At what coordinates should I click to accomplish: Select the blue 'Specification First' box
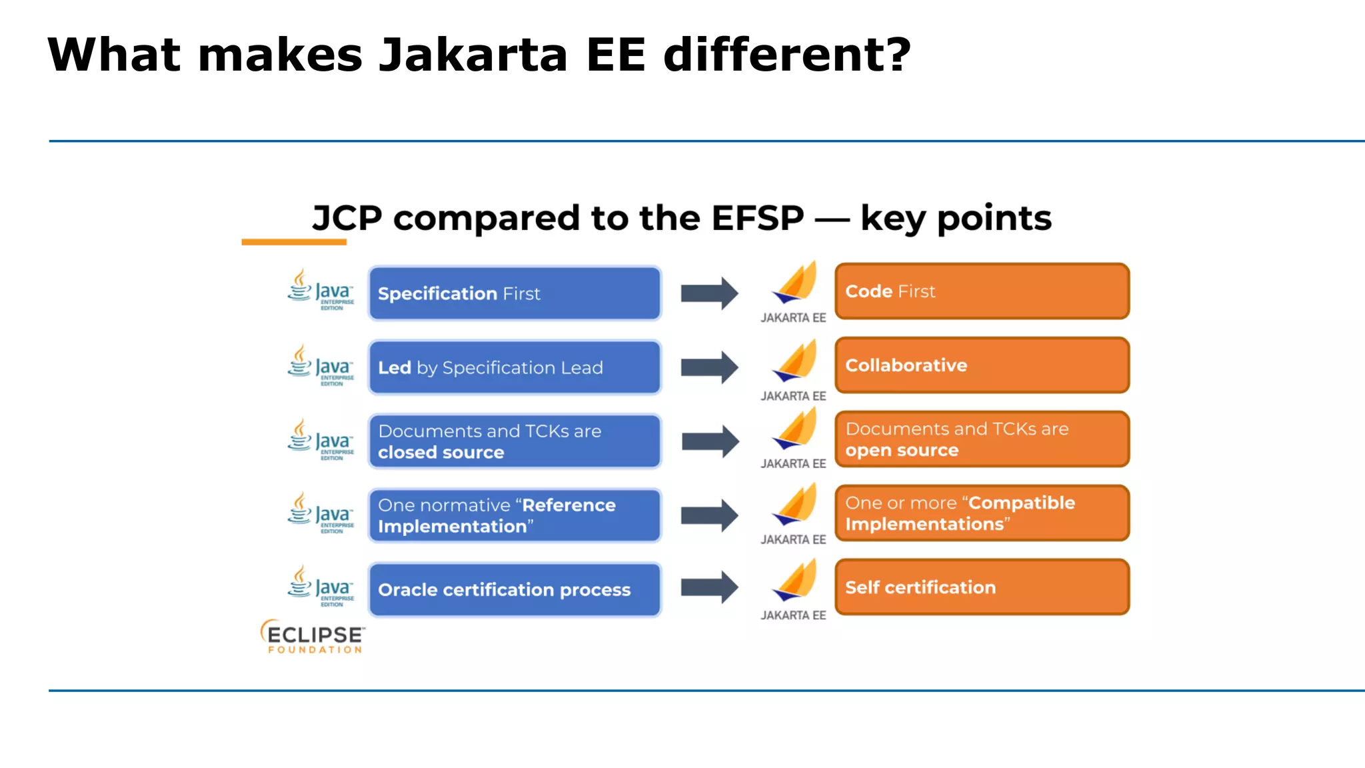click(514, 293)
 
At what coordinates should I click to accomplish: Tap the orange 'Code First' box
click(982, 291)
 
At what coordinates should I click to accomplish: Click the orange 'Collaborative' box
click(982, 365)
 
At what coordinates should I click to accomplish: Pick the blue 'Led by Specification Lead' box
click(514, 367)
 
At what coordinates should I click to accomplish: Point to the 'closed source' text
click(441, 453)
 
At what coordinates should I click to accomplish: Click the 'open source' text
click(901, 451)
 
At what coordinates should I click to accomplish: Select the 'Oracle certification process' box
click(514, 589)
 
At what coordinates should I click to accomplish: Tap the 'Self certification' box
click(982, 587)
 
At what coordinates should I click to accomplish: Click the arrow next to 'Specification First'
click(709, 293)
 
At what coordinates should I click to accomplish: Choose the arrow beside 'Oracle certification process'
click(709, 587)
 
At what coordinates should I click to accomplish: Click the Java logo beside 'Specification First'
click(321, 289)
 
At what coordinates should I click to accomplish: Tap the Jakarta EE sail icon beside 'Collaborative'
click(795, 361)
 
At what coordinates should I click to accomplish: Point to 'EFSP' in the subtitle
click(757, 218)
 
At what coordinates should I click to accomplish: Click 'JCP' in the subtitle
click(347, 218)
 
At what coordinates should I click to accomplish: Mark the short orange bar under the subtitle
click(294, 242)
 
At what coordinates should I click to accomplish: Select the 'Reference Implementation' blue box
click(514, 515)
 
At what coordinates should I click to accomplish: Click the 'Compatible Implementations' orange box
click(982, 513)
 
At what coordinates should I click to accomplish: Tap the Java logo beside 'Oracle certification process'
click(321, 585)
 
